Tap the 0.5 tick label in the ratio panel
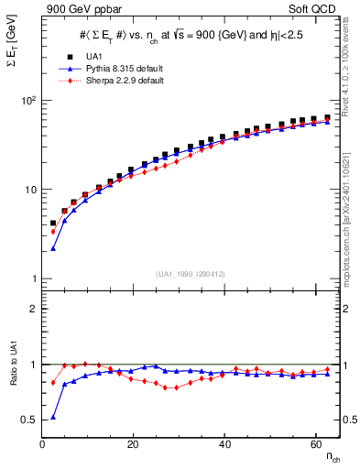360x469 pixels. coord(27,420)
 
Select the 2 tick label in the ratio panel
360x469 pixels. coord(32,309)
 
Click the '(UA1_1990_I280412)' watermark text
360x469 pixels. coord(191,274)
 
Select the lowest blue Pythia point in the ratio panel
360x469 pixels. coord(52,417)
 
